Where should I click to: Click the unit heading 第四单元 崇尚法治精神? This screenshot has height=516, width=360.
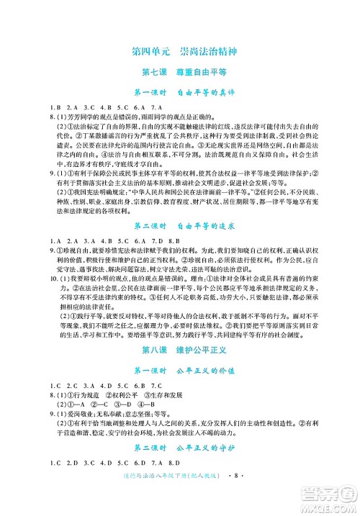[179, 53]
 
